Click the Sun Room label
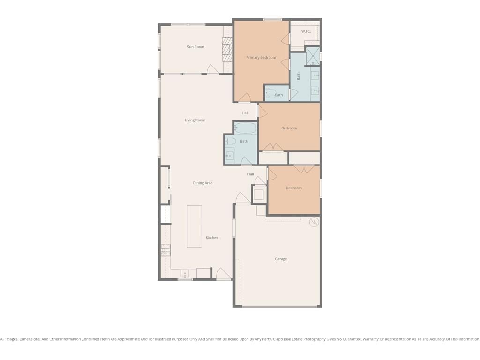click(x=195, y=47)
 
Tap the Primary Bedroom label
click(x=261, y=57)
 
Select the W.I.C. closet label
click(x=306, y=31)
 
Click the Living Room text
click(x=195, y=120)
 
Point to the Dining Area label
click(x=202, y=183)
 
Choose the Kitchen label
click(x=212, y=238)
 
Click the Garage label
click(x=281, y=259)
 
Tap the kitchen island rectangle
click(x=195, y=226)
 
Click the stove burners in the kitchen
click(x=165, y=250)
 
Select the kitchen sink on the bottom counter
click(x=185, y=273)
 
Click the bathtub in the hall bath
click(x=245, y=128)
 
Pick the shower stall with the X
click(x=313, y=56)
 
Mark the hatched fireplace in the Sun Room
click(x=227, y=50)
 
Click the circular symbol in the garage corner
click(x=314, y=222)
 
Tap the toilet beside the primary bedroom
click(x=270, y=92)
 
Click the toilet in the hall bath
click(x=231, y=141)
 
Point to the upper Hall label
click(x=245, y=113)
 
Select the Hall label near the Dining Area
click(x=250, y=174)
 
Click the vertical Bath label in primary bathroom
click(x=299, y=76)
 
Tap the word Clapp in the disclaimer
click(x=278, y=339)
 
